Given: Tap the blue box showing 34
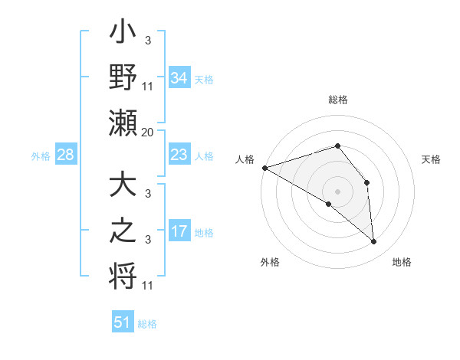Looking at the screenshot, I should tap(179, 77).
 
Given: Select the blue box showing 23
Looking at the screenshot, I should tap(179, 155).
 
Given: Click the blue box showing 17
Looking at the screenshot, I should tap(179, 231).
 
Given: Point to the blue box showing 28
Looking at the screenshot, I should tap(65, 155).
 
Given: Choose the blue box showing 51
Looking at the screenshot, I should tap(123, 322).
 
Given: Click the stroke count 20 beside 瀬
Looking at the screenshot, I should tap(148, 133).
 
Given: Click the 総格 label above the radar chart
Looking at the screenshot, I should tap(338, 100).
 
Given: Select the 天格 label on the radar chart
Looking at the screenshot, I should tap(432, 159).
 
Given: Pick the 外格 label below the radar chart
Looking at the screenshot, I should tap(270, 262).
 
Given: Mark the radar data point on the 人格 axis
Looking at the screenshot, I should tap(264, 167).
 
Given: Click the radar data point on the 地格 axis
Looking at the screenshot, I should tap(373, 241).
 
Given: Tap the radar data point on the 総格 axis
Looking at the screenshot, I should tap(338, 146).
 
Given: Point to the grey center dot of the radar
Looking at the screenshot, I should tap(338, 191).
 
